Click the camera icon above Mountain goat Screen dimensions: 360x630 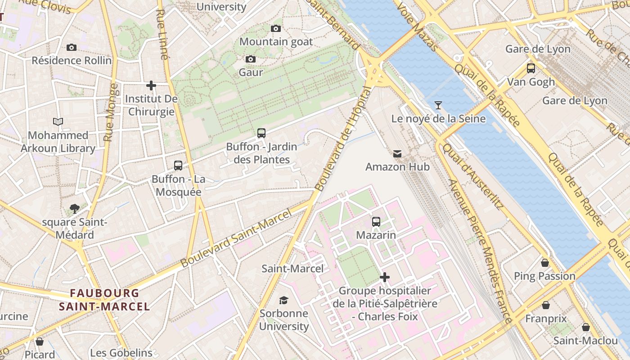276,28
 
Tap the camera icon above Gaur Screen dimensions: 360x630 251,59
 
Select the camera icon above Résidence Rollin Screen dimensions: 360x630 71,47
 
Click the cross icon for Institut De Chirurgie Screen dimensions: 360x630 151,85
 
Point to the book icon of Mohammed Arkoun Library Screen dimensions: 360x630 58,121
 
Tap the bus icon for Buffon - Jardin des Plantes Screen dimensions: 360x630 261,133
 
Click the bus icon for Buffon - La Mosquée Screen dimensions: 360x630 178,165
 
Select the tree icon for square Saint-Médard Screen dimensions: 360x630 75,208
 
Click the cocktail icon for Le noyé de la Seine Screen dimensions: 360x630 438,105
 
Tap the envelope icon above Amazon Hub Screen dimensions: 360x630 397,154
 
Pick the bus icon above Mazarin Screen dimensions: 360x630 376,221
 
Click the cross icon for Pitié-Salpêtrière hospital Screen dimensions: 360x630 385,277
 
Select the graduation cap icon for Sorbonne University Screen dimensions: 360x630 283,300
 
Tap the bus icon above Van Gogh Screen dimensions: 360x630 531,68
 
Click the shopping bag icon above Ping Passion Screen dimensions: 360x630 545,263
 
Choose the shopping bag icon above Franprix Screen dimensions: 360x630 546,305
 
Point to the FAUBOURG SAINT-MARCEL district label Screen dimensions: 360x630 104,300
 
